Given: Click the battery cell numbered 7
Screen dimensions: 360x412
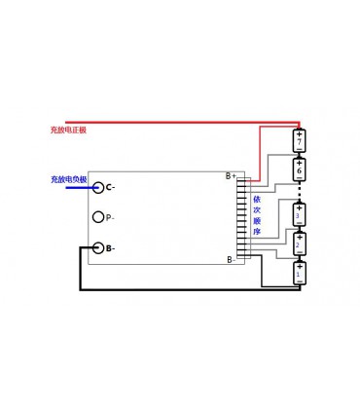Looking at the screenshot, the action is click(300, 142).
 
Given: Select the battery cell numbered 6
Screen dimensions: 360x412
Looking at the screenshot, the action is click(300, 169).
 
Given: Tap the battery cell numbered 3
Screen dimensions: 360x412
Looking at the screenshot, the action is click(300, 213).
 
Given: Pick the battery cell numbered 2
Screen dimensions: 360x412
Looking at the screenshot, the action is click(300, 243).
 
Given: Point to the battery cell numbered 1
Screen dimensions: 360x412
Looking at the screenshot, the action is click(300, 272).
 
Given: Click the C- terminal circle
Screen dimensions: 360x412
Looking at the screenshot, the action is click(97, 186).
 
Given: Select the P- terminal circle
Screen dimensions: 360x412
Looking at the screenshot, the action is click(97, 217).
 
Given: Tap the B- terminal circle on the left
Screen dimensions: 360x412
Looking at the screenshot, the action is click(97, 247).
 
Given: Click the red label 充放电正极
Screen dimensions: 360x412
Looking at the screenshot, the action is click(68, 129).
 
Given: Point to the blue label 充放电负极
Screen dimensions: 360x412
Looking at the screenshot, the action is click(68, 179).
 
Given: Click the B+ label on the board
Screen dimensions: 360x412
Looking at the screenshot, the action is click(231, 176).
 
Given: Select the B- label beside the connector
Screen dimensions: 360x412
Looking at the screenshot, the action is click(231, 259).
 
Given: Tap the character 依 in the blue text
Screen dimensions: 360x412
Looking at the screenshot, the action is click(257, 199).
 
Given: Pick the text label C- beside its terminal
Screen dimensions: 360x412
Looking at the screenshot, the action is click(110, 187).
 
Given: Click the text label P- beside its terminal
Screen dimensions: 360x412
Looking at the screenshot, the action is click(110, 218).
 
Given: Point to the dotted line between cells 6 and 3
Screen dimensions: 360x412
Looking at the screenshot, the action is click(300, 191).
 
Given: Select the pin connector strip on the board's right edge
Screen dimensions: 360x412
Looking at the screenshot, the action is click(243, 218).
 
